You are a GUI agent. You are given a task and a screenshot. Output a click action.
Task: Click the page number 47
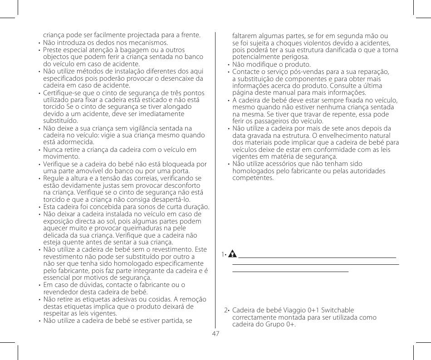(215, 333)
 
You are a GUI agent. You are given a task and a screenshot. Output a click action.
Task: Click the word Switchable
(337, 311)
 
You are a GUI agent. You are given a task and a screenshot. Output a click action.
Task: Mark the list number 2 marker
(226, 311)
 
